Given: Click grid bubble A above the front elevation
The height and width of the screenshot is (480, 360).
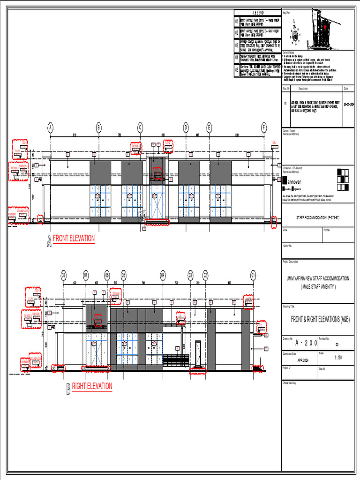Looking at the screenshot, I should [50, 127].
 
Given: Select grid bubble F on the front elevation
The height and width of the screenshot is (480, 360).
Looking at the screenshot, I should [264, 127].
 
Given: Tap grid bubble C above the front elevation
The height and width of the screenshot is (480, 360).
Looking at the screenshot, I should [140, 127].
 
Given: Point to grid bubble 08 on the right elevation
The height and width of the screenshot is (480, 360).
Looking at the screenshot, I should [63, 275].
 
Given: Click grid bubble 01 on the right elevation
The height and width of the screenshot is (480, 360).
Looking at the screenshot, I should [253, 275].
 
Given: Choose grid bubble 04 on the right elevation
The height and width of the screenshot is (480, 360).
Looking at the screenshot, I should [163, 275].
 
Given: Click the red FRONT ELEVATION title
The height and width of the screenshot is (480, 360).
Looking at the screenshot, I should [74, 239].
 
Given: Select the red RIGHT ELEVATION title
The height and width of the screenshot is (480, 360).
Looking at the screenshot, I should [92, 386].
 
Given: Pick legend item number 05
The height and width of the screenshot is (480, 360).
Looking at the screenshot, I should [237, 71].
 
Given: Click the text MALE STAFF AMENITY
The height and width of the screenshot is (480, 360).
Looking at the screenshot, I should [318, 286].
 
